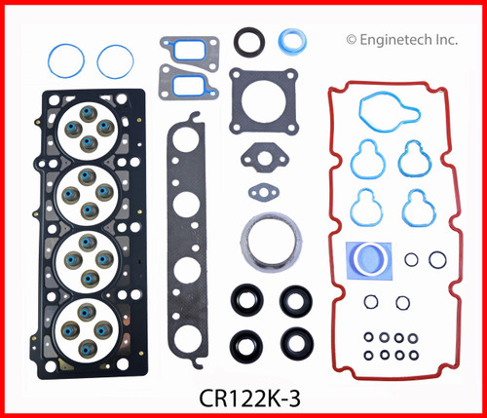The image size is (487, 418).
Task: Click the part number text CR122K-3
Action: pyautogui.click(x=243, y=399)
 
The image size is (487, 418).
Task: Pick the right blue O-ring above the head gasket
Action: pyautogui.click(x=115, y=62)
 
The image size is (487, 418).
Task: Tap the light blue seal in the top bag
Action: pyautogui.click(x=291, y=42)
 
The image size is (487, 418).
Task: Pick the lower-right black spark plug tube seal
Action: pyautogui.click(x=292, y=341)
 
